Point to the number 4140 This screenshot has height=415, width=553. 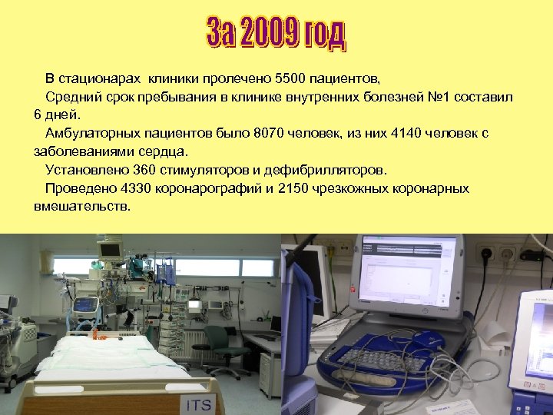click(408, 133)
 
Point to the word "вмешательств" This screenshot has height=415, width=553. click(82, 207)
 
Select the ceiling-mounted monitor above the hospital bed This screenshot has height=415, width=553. click(110, 250)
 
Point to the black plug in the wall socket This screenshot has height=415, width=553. click(485, 254)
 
